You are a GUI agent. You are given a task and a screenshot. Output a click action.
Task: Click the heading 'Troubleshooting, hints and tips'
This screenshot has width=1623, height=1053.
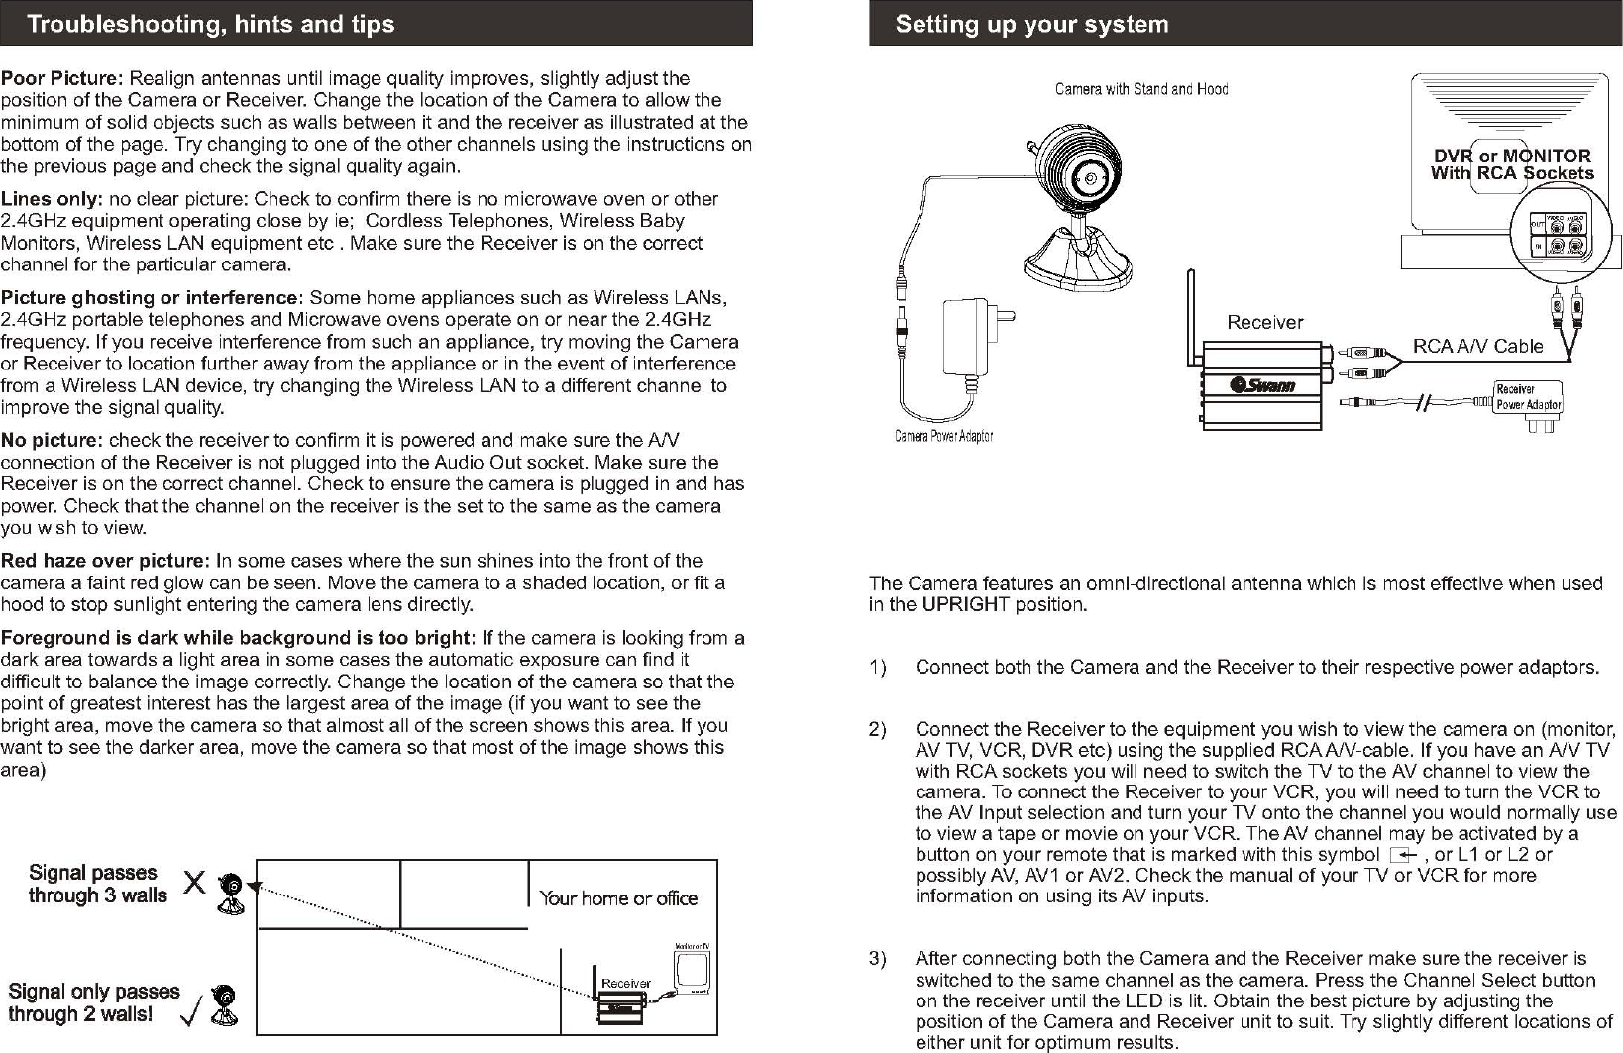(210, 24)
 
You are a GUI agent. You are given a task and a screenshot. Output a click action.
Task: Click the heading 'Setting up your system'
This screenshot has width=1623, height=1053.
(1031, 24)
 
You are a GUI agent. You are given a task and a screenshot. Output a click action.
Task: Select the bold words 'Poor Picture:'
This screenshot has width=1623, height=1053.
(62, 78)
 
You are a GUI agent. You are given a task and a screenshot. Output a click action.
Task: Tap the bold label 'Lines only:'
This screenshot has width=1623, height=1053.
(52, 199)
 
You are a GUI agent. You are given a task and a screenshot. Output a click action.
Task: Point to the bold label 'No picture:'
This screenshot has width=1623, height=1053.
(52, 440)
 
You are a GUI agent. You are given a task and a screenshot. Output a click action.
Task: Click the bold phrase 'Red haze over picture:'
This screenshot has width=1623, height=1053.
(105, 561)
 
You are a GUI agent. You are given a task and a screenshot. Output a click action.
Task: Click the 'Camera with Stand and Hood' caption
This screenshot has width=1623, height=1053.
(1140, 89)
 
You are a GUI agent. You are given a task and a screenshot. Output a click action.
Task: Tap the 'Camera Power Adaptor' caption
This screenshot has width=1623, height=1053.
(943, 436)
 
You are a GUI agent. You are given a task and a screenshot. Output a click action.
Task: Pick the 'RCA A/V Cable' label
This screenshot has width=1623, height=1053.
(1477, 346)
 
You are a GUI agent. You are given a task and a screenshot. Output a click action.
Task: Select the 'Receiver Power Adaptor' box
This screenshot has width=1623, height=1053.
(1528, 397)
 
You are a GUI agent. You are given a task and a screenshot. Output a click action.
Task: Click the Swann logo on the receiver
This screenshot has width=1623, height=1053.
(1262, 384)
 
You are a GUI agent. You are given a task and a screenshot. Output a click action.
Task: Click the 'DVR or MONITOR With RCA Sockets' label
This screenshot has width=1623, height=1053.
(1512, 164)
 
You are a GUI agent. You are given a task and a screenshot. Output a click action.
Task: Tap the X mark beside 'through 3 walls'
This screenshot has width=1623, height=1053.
(194, 882)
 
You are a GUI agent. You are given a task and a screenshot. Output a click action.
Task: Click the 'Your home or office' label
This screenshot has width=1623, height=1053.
(618, 898)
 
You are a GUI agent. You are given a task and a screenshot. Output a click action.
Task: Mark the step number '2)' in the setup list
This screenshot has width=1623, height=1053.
(877, 730)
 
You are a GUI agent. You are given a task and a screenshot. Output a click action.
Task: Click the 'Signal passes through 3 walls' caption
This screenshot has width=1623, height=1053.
(97, 884)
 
